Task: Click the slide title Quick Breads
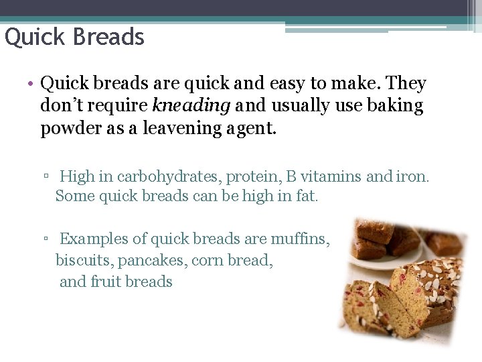[x=74, y=36]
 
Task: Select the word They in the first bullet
[x=406, y=84]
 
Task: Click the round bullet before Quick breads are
[x=31, y=84]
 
